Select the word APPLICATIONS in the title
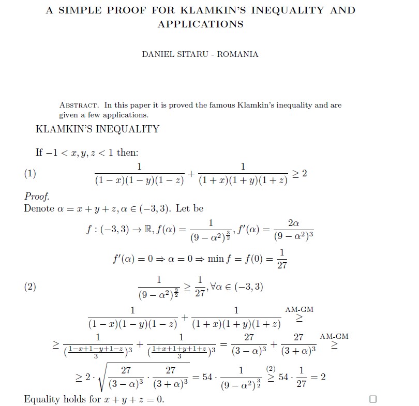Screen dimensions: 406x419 tap(200, 24)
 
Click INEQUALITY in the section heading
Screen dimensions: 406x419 tap(123, 129)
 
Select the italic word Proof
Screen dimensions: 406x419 tap(37, 197)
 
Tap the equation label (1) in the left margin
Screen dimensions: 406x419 tap(30, 173)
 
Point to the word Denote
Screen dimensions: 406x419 tap(39, 208)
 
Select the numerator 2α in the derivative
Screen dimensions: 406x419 tap(293, 223)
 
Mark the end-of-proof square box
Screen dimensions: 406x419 tap(373, 399)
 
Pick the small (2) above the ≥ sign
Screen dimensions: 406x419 tap(270, 368)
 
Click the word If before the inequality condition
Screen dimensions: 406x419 tap(39, 152)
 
